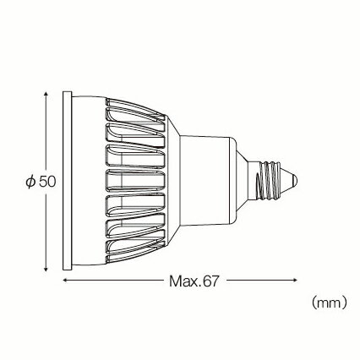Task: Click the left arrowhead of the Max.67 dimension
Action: coord(65,281)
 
